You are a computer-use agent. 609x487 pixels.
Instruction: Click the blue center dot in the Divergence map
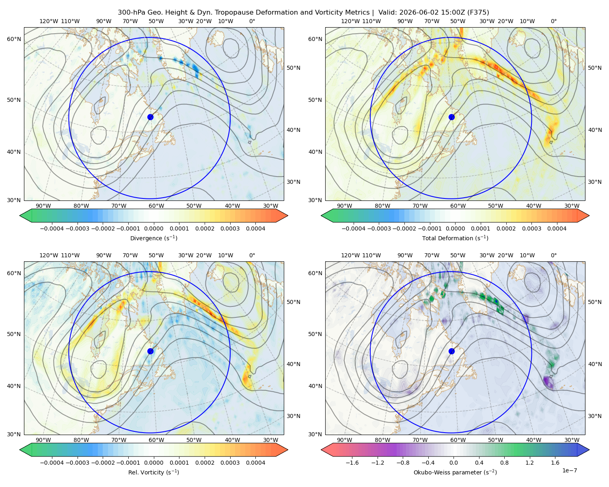coord(150,117)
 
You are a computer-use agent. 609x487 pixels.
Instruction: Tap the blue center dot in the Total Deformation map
coord(451,117)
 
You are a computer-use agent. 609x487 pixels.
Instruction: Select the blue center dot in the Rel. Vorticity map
coord(150,351)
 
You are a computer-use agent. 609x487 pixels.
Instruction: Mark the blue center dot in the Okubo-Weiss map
coord(451,351)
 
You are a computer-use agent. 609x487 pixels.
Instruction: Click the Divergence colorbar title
coord(153,238)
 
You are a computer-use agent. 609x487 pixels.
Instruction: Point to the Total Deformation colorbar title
coord(455,238)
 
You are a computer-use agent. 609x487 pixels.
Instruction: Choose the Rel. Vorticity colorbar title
coord(153,472)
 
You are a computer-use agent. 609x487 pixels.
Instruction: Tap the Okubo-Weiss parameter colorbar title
coord(455,472)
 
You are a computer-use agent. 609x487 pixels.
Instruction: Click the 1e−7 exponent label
coord(569,471)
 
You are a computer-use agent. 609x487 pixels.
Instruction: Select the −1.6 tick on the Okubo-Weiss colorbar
coord(352,463)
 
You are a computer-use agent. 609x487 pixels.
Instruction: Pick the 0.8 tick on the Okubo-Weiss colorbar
coord(504,463)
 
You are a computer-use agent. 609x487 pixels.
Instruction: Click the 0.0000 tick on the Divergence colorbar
coord(153,228)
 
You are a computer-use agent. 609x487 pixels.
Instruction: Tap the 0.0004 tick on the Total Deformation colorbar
coord(557,228)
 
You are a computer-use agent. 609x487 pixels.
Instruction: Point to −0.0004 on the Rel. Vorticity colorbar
coord(52,463)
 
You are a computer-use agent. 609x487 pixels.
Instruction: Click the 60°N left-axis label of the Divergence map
coord(14,39)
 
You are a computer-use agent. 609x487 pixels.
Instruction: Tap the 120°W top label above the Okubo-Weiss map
coord(350,255)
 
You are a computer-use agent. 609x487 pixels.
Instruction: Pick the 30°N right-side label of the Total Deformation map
coord(594,182)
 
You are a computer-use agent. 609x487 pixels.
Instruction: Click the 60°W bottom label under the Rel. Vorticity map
coord(156,440)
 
